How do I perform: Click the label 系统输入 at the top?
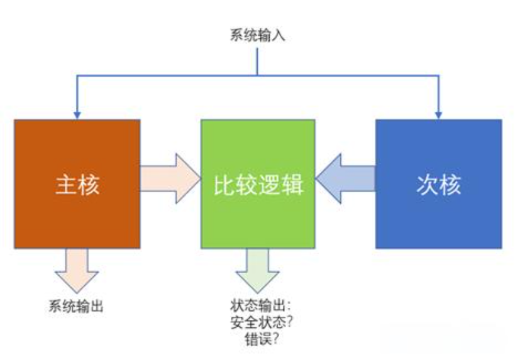click(x=258, y=36)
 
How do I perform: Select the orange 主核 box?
click(x=77, y=214)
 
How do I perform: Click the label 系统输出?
click(x=76, y=306)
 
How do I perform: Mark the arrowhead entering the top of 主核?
click(x=77, y=114)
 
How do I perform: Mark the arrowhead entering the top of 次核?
click(x=438, y=114)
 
